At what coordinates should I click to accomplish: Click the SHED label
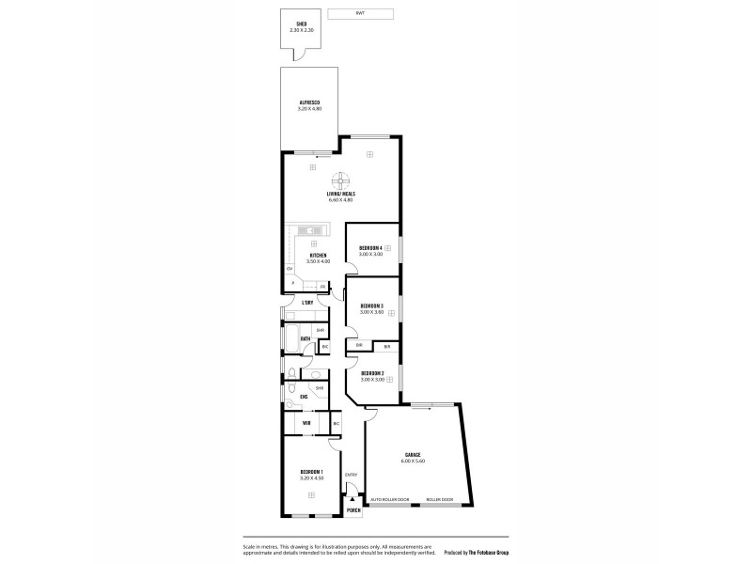302,25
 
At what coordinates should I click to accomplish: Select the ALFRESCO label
310,102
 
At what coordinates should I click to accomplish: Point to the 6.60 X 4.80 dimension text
340,200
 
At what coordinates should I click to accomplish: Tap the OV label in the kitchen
290,269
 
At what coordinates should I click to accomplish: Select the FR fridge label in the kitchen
322,286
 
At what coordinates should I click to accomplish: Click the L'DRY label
307,302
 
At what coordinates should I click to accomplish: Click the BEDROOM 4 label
369,247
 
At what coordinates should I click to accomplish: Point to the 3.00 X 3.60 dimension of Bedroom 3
370,312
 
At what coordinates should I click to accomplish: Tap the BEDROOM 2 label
370,374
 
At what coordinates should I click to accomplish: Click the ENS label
304,397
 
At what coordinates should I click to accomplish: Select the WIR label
306,424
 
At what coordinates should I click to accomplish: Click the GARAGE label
413,455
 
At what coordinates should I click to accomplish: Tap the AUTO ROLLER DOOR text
390,499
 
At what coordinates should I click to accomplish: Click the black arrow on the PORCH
352,500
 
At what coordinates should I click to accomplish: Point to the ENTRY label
351,475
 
